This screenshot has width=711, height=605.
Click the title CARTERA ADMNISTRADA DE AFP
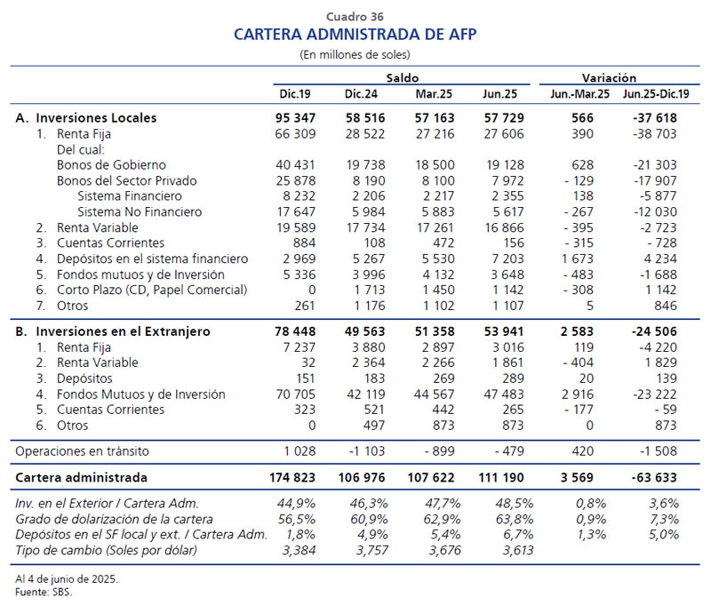pos(355,35)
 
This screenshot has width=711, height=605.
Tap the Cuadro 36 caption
pos(355,17)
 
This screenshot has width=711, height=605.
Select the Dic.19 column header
pos(295,94)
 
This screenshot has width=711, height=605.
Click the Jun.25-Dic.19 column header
pos(656,94)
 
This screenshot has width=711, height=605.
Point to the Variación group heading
pos(609,78)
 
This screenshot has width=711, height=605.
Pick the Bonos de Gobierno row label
pos(112,165)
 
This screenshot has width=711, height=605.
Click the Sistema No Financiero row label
pos(140,211)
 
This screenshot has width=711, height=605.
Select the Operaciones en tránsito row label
pos(82,451)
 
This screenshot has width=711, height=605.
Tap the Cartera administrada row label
pos(81,478)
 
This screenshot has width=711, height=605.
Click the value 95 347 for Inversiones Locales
pos(295,118)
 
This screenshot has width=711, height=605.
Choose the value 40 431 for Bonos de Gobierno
pos(295,165)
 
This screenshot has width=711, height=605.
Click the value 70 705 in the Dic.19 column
pos(296,394)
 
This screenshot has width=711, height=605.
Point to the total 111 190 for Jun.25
pos(501,478)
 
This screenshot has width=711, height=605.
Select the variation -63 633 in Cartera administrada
pos(654,478)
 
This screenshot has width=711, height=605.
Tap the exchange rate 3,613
pos(518,551)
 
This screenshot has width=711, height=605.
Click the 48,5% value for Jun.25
pos(515,504)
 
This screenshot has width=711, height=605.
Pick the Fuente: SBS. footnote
pos(44,592)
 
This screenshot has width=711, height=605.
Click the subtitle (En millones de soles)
pos(355,55)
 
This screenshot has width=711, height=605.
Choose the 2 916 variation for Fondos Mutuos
pos(577,394)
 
